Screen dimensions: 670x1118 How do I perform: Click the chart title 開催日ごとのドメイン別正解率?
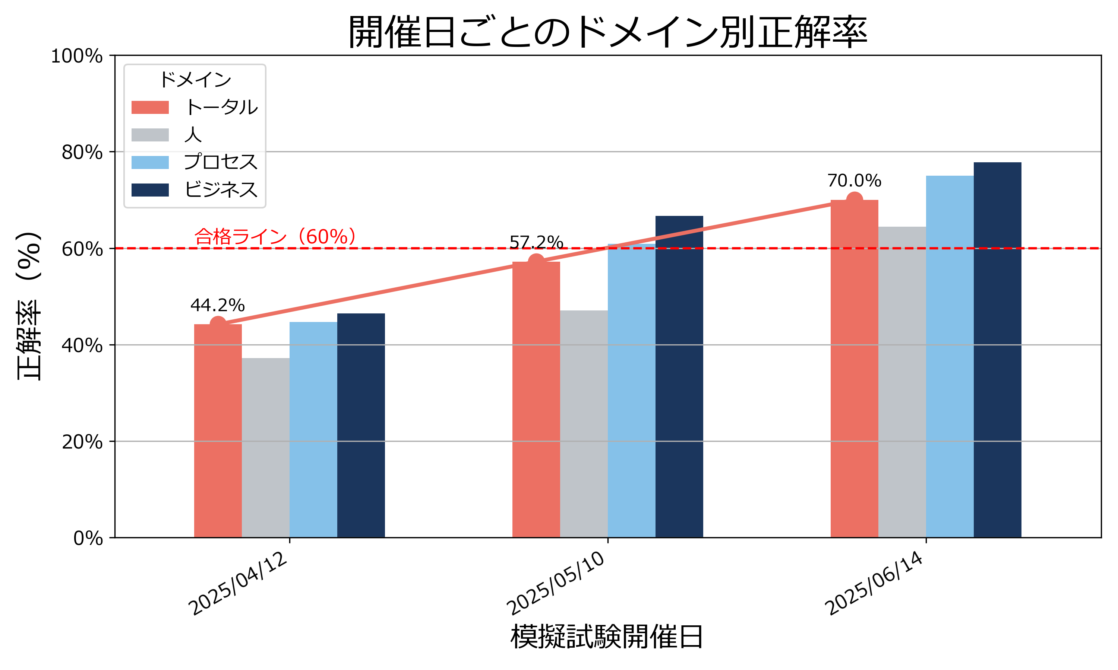(x=607, y=32)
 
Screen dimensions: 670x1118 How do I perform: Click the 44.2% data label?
(x=217, y=306)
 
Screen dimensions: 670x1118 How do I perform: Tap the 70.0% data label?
(x=854, y=181)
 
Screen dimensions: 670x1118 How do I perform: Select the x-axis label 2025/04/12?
(x=238, y=584)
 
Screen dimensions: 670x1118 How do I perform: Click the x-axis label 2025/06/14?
(x=874, y=584)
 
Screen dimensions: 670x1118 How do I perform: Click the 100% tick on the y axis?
(x=77, y=57)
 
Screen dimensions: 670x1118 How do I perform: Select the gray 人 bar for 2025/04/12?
(x=265, y=447)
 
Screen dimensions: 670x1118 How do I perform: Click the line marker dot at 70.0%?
(x=854, y=200)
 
